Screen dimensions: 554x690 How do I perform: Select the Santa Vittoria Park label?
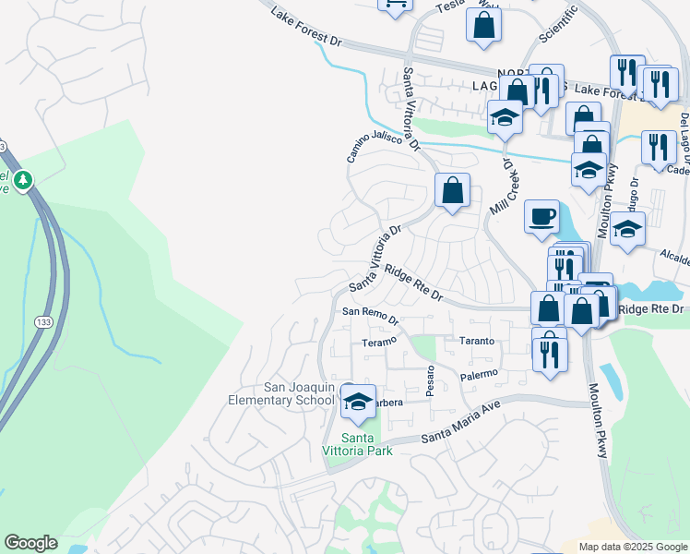coord(367,444)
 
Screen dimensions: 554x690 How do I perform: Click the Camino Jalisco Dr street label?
coord(383,146)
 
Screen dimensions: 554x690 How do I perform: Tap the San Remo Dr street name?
coord(370,316)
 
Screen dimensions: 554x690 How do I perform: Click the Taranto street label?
coord(477,341)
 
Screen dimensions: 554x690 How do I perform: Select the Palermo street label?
coord(479,375)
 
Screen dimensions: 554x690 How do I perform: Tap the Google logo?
coord(30,543)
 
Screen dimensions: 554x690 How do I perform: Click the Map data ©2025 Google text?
coord(632,547)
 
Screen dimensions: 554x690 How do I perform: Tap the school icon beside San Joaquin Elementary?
coord(358,401)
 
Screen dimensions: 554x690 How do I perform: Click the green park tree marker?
coord(25,180)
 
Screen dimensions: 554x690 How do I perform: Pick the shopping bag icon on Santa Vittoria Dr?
coord(452,191)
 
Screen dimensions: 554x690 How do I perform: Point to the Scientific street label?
coord(557,22)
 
